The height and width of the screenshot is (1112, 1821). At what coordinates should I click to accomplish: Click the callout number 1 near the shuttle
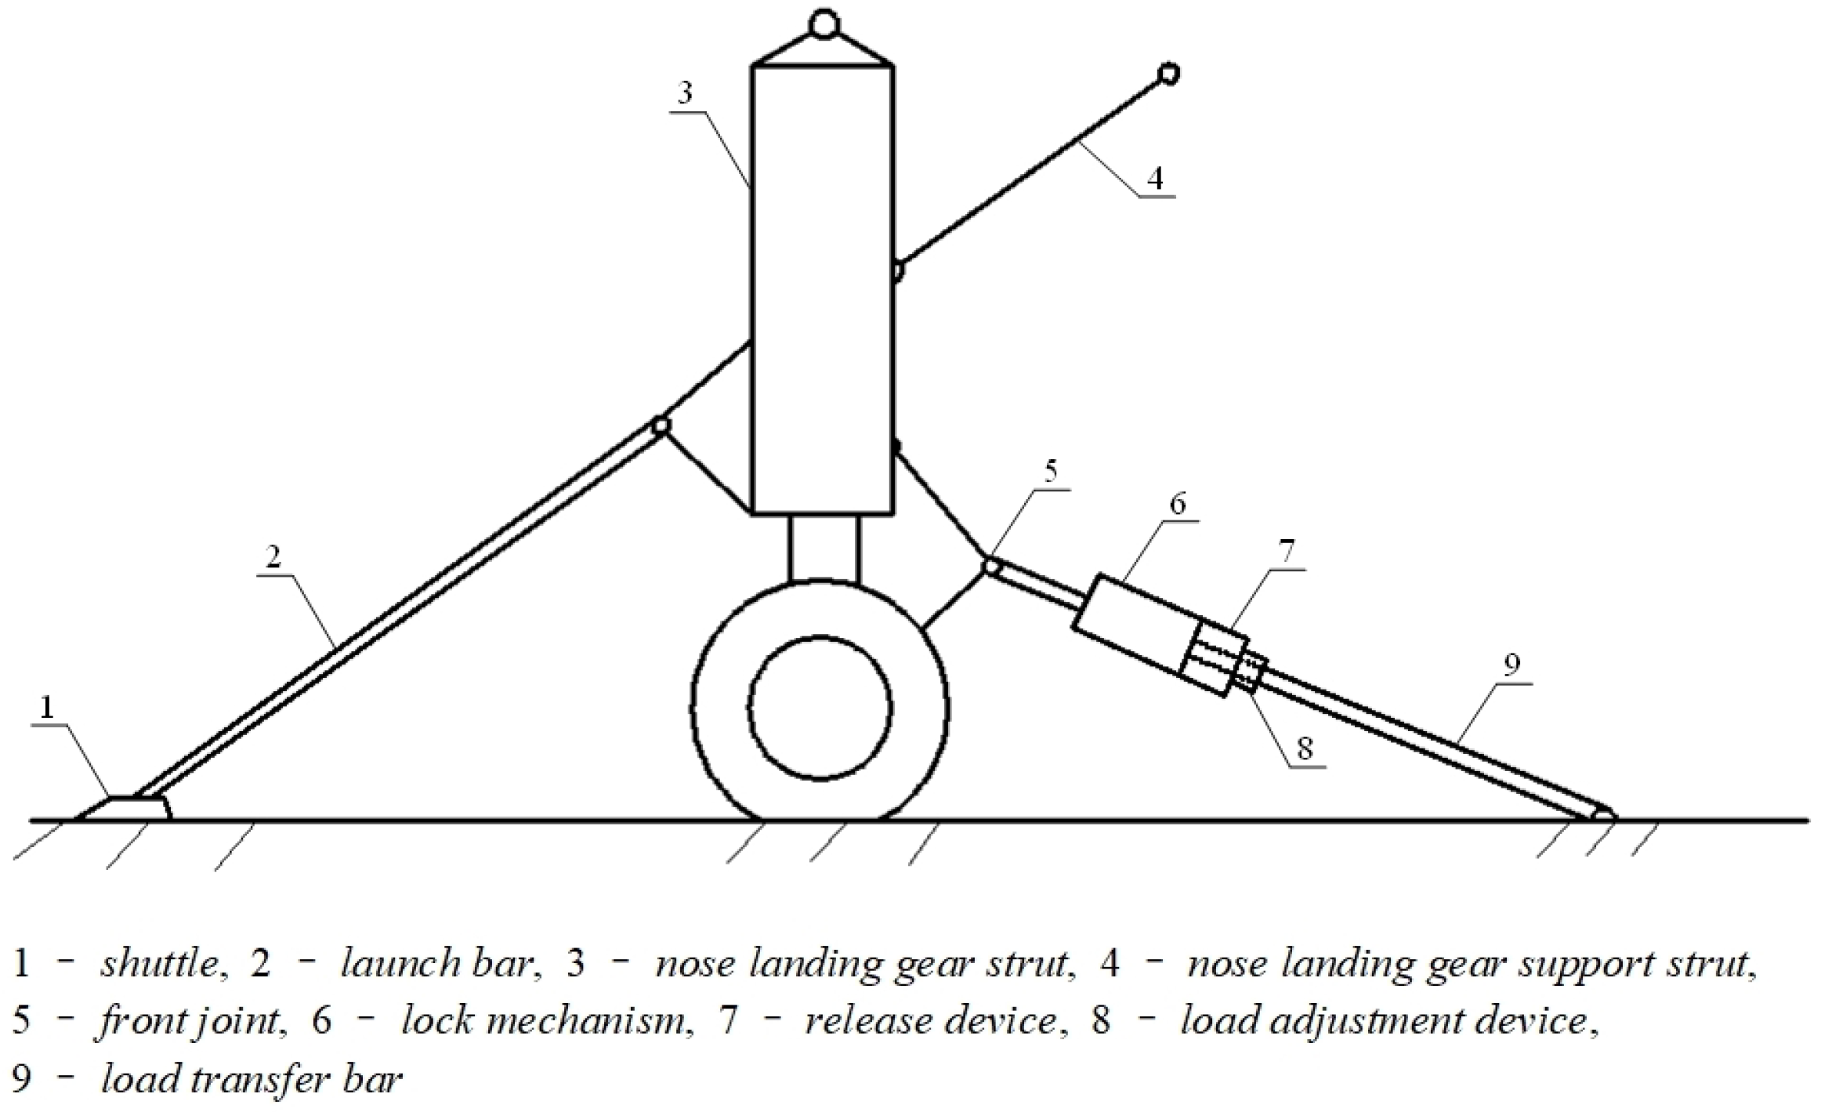(x=48, y=708)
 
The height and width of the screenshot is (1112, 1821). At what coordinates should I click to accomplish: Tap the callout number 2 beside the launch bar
(x=273, y=558)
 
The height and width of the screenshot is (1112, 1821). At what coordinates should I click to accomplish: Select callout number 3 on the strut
(x=685, y=93)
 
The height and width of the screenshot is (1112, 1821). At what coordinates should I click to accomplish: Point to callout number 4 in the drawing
(x=1155, y=178)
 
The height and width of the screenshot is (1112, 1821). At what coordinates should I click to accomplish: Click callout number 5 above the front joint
(x=1050, y=471)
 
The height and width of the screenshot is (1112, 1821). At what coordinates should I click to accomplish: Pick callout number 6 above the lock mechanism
(x=1178, y=504)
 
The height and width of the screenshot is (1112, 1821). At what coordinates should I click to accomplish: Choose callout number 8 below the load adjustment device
(x=1304, y=748)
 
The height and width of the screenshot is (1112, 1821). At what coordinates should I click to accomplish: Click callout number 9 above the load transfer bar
(x=1511, y=665)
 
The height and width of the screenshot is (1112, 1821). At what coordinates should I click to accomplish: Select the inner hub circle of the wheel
(x=820, y=707)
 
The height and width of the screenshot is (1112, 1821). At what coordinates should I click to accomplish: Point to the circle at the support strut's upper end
(x=1168, y=74)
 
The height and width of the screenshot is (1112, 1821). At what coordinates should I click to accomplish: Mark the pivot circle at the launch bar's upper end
(x=661, y=426)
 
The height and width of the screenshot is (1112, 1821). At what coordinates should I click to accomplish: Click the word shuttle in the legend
(x=161, y=963)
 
